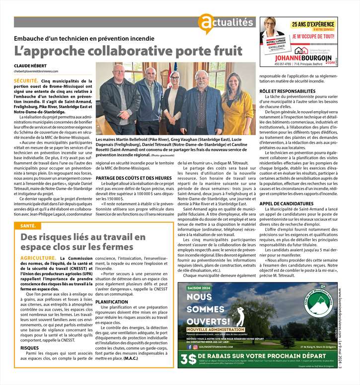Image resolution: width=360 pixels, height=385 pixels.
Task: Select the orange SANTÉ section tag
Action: [x=28, y=226]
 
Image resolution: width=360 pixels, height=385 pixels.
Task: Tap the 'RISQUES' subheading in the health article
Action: [x=30, y=348]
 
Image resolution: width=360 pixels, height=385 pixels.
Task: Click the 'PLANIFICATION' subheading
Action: [x=112, y=302]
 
